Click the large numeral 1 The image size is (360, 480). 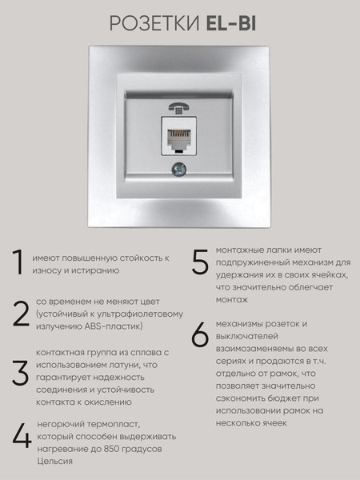pos(16,265)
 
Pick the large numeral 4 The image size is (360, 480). pos(22,437)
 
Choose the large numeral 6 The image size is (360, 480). pos(200,335)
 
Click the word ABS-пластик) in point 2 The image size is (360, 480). pos(116,326)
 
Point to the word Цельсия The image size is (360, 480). pos(54,462)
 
